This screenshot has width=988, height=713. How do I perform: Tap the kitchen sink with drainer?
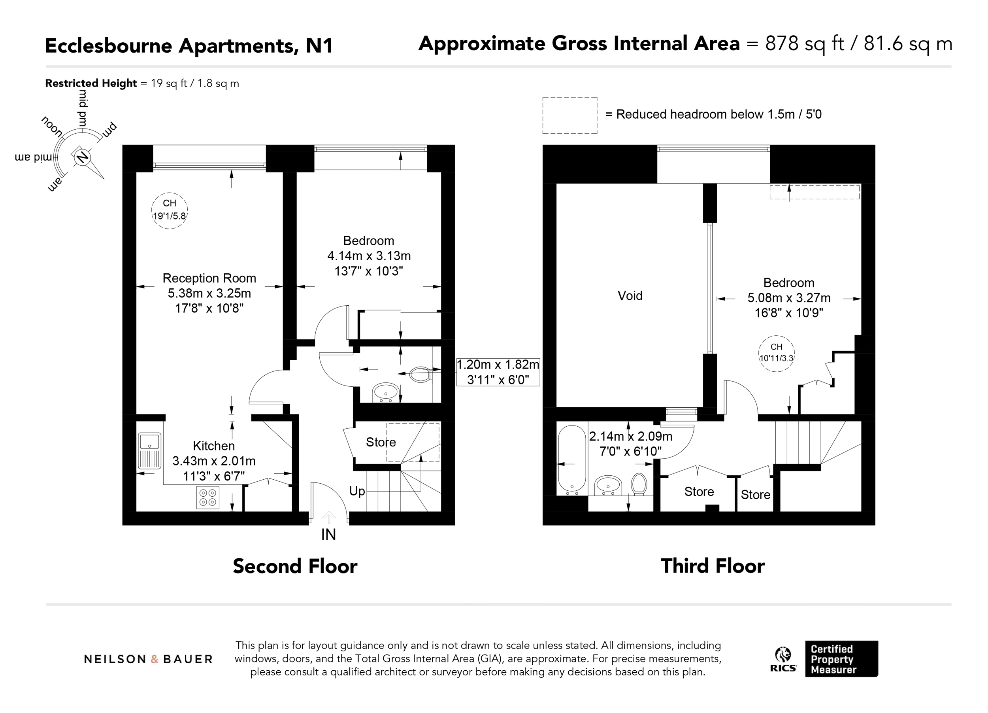pos(149,451)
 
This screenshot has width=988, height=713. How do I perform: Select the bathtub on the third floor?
pos(572,460)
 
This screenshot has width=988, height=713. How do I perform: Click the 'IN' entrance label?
pos(328,535)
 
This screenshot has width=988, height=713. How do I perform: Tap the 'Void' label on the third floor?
pos(630,296)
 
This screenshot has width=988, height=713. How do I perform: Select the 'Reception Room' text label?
pos(209,278)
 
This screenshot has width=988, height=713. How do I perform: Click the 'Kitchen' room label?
pos(214,446)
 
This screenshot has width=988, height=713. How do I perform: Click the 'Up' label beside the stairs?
pos(357,491)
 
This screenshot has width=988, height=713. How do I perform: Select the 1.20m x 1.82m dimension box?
pos(498,372)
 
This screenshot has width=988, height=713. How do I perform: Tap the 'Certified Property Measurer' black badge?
pos(841,658)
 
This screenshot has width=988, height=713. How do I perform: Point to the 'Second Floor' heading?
pos(295,566)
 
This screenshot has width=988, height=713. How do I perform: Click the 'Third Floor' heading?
pos(713,566)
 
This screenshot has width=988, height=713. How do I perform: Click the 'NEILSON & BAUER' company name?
pos(148,659)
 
